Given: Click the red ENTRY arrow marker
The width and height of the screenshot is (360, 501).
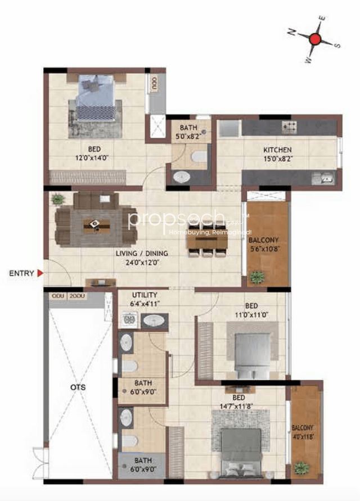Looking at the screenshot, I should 40,274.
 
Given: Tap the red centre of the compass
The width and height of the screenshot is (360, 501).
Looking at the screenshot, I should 316,39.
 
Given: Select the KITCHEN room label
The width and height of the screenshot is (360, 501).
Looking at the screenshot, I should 277,150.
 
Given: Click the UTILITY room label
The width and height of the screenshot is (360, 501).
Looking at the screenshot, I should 145,295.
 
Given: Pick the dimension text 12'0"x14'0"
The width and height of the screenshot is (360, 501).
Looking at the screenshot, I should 93,159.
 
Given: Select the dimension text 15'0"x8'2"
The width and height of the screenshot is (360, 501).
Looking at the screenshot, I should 277,159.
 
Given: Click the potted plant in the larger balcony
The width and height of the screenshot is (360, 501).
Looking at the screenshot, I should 258,276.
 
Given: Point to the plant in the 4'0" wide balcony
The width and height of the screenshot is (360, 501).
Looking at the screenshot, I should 302,467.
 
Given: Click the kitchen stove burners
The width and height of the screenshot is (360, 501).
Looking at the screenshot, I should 290,127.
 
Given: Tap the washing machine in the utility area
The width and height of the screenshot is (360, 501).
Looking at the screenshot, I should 130,321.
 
